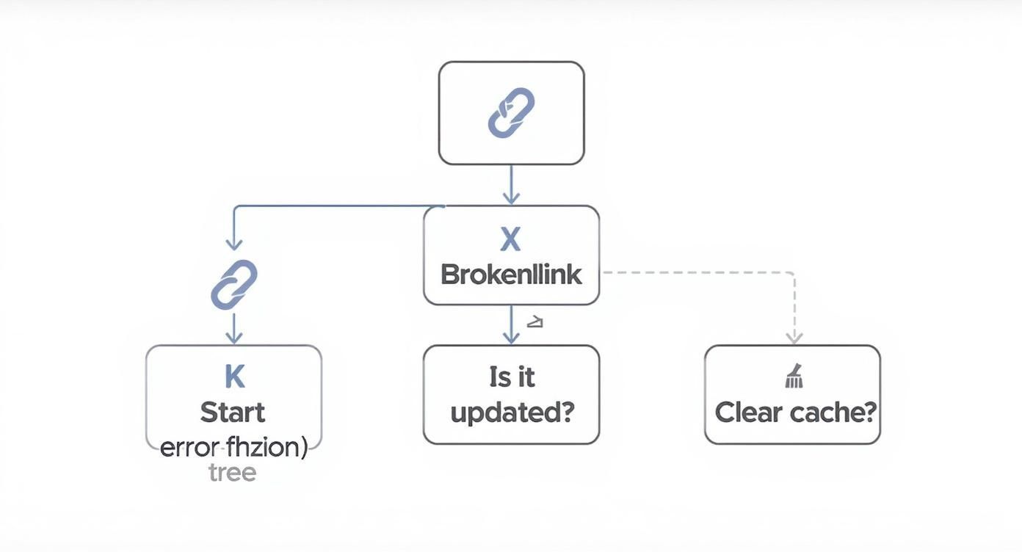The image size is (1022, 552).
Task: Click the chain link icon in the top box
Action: click(x=511, y=112)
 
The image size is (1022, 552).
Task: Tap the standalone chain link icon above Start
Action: click(x=233, y=284)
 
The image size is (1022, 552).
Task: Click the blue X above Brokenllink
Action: click(x=510, y=240)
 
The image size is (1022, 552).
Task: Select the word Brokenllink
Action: click(x=511, y=275)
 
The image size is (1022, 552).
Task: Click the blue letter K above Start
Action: click(x=233, y=377)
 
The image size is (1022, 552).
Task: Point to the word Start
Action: click(x=233, y=412)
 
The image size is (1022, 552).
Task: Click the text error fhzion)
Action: click(x=233, y=446)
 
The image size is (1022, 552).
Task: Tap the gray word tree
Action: click(x=232, y=472)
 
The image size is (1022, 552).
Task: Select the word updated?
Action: click(x=511, y=412)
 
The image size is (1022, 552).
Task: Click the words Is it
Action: click(x=511, y=377)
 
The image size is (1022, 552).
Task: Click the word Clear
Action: click(x=747, y=412)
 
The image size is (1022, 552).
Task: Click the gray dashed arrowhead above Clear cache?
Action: click(x=793, y=337)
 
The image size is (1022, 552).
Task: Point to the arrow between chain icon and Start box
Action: click(x=233, y=328)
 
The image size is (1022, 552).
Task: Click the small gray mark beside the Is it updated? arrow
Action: click(x=535, y=322)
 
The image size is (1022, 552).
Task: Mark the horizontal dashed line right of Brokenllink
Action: click(x=697, y=272)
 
